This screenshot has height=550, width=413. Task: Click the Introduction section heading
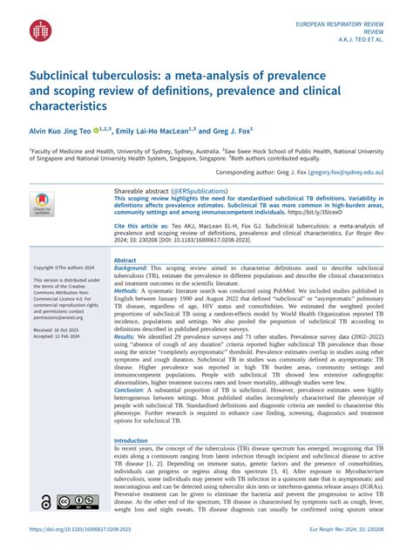click(132, 441)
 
